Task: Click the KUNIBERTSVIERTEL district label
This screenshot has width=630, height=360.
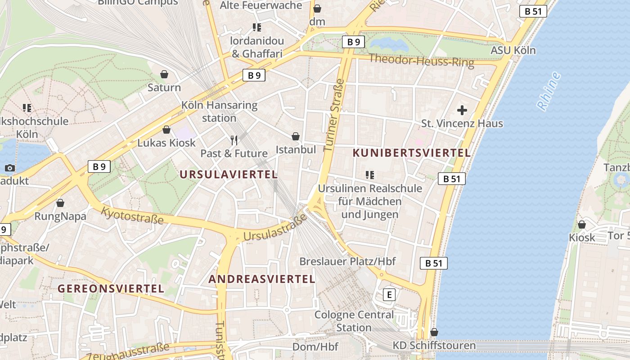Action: pos(411,153)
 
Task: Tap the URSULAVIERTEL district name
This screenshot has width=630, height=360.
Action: pos(229,175)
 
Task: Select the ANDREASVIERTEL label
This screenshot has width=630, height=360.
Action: pos(261,279)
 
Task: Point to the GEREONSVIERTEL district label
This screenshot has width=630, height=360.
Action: pos(110,288)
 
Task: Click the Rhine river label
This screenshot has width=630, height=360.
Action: pos(549,91)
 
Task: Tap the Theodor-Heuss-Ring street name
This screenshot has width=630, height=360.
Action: pos(421,60)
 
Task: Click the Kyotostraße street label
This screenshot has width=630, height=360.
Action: pos(132,215)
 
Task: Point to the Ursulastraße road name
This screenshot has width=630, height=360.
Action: pos(274,228)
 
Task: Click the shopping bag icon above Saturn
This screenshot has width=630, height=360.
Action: pos(164,74)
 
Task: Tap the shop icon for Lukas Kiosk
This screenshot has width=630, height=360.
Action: pos(166,130)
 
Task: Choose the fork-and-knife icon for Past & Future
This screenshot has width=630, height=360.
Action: pos(234,140)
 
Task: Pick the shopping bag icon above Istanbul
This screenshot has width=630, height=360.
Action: pos(296,136)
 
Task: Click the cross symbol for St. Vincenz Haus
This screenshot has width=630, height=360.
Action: pos(462,110)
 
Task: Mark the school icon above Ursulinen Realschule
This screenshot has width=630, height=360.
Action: pos(370,175)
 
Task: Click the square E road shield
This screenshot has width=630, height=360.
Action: pos(389,295)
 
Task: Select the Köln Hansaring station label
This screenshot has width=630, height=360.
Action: pos(219,112)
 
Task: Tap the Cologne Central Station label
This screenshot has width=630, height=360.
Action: pos(354,321)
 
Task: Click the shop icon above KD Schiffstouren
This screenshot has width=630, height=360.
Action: pos(434,333)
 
